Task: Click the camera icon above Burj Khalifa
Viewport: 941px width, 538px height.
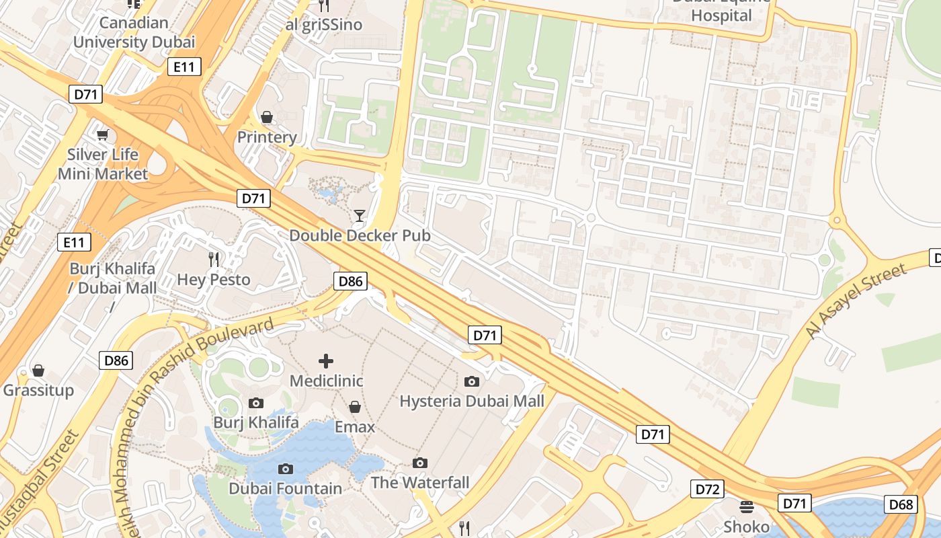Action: coord(256,403)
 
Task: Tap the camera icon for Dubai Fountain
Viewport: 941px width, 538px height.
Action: coord(286,469)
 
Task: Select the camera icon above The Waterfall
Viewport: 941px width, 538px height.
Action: coord(420,463)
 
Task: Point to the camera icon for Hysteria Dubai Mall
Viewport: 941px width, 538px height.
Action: coord(472,381)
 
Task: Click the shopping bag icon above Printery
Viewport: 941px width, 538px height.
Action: coord(267,118)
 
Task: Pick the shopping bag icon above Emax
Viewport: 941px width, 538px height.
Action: coord(355,407)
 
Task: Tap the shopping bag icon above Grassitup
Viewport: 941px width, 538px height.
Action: coord(38,371)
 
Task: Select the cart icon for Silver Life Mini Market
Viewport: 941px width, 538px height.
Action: coord(102,135)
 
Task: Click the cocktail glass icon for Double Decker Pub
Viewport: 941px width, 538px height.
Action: coord(360,216)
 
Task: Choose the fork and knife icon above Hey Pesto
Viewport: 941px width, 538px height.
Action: coord(214,260)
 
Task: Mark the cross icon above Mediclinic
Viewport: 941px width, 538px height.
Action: coord(326,361)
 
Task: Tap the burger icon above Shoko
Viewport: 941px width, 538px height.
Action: coord(746,506)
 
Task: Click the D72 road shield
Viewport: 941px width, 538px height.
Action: coord(708,489)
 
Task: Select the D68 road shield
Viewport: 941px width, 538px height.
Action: coord(901,504)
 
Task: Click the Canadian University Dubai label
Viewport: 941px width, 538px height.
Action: coord(134,32)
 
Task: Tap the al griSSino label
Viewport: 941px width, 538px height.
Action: coord(324,25)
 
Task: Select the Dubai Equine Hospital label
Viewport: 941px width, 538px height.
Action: coord(722,10)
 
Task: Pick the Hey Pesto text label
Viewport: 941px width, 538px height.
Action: coord(214,279)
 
